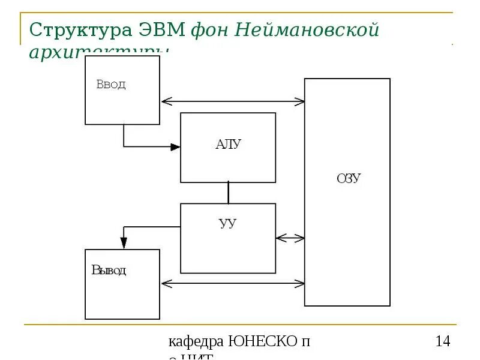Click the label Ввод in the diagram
(x=111, y=85)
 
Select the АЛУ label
(x=228, y=144)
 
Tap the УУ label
(x=228, y=224)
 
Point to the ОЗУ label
(x=349, y=179)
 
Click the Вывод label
(x=109, y=270)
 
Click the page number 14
(x=442, y=342)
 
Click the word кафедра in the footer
(x=196, y=342)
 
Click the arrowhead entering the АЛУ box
(x=175, y=146)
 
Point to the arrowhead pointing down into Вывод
(x=124, y=243)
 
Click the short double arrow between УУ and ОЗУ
(x=290, y=238)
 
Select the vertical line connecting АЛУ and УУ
(x=228, y=193)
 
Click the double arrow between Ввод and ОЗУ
(x=232, y=101)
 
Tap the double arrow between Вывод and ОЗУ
(x=232, y=282)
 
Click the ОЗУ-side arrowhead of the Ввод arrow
(x=300, y=101)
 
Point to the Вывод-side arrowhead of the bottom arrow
(x=166, y=282)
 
